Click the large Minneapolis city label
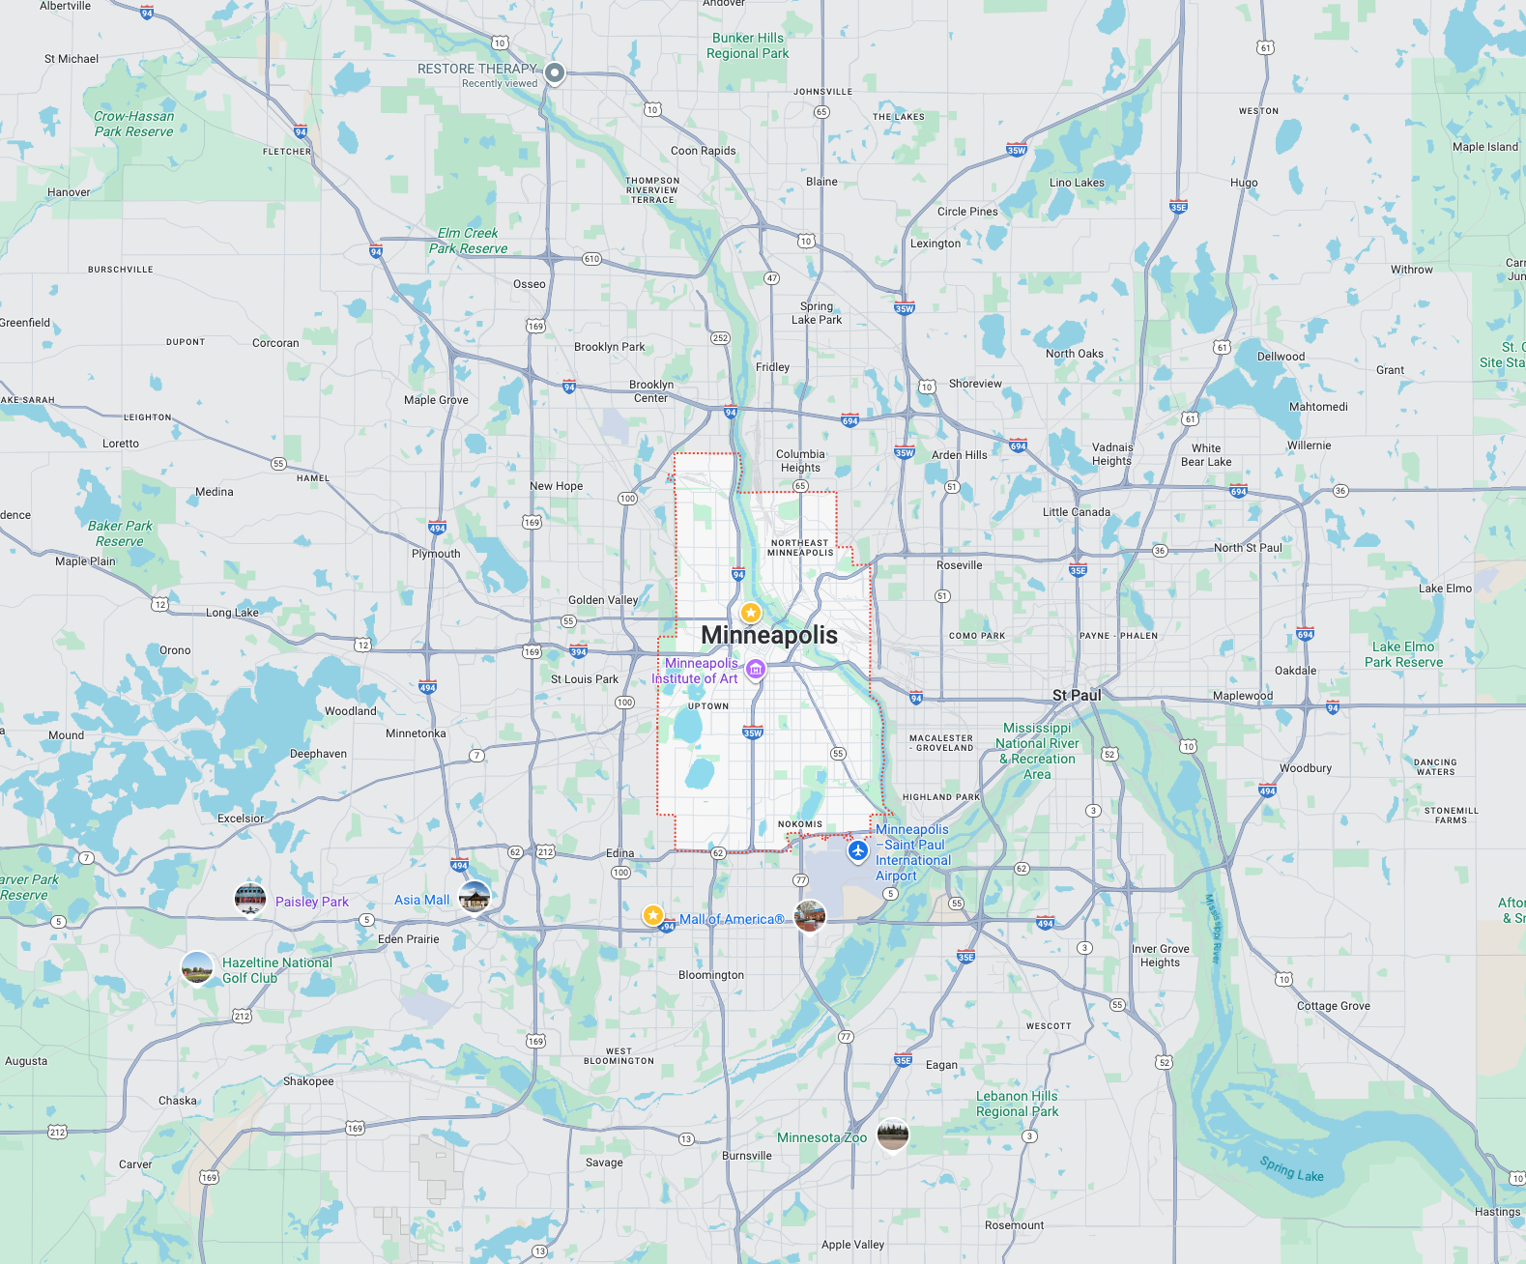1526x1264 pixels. tap(769, 635)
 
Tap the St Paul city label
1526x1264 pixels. tap(1077, 695)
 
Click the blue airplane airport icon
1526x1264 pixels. tap(857, 851)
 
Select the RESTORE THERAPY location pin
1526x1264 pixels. tap(555, 72)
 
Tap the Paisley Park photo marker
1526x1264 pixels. tap(250, 899)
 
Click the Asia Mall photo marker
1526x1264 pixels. tap(475, 897)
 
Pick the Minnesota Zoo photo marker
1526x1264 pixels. tap(893, 1135)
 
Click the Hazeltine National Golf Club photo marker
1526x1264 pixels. tap(197, 967)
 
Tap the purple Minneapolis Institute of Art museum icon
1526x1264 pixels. tap(756, 669)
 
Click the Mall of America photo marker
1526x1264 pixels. tap(810, 914)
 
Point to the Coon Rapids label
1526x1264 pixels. tap(703, 151)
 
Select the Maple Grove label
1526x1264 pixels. tap(436, 400)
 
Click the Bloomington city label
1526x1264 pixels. tap(711, 975)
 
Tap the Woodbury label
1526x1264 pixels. tap(1306, 768)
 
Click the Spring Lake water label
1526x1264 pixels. tap(1291, 1169)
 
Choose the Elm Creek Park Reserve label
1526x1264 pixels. tap(468, 241)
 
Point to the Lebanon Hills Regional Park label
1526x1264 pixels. tap(1017, 1104)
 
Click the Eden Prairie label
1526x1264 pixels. tap(409, 939)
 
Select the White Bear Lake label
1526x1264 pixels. tap(1206, 455)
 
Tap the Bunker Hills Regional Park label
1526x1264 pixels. tap(747, 45)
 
